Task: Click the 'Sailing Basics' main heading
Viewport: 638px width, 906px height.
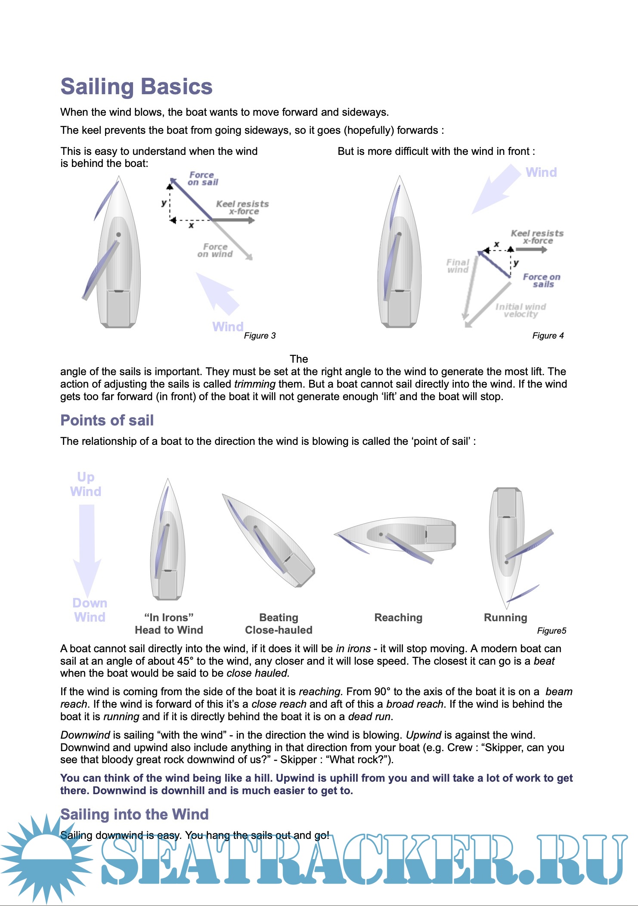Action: [x=136, y=86]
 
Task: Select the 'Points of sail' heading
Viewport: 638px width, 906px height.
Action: [x=107, y=420]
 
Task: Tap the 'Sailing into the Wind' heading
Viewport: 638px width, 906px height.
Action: [x=134, y=814]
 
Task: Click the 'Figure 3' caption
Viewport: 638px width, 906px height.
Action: [x=260, y=336]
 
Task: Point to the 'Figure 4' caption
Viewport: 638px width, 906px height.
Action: [x=548, y=336]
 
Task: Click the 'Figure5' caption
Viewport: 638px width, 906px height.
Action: [x=551, y=631]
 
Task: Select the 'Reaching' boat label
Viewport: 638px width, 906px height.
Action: [x=398, y=618]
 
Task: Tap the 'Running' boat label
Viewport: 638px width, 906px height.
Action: [x=505, y=618]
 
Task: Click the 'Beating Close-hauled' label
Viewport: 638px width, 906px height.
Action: [x=279, y=624]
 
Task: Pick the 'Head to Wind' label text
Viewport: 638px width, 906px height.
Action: [x=169, y=630]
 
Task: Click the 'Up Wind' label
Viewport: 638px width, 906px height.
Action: [x=86, y=484]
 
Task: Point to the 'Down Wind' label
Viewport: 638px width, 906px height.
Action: [x=90, y=610]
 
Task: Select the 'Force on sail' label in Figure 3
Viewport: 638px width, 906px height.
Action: [x=202, y=179]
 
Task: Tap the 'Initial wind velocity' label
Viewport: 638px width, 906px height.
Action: [x=520, y=310]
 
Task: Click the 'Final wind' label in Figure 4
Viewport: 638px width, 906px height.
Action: [x=458, y=266]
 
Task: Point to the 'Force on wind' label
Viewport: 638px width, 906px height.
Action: [x=215, y=250]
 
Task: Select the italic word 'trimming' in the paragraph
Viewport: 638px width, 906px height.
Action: [x=254, y=384]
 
